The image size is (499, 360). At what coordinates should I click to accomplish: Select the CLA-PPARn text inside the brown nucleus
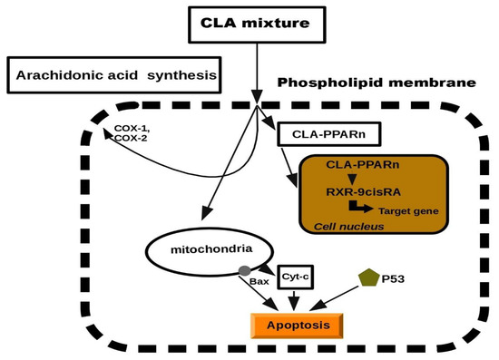(x=373, y=165)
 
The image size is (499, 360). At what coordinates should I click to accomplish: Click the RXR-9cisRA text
(x=373, y=193)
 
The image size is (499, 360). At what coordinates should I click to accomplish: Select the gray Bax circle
(x=244, y=270)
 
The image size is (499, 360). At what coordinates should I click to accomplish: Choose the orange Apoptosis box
(x=297, y=325)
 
